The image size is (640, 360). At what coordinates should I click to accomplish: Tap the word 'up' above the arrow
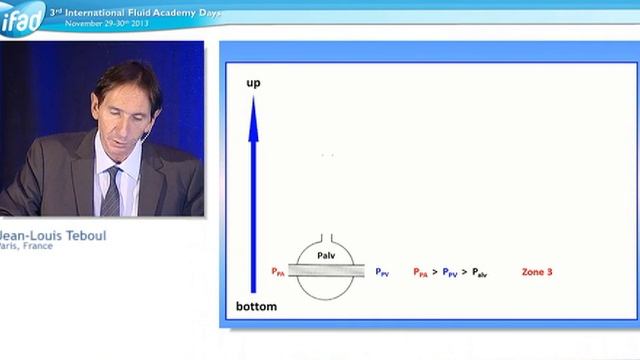pos(253,82)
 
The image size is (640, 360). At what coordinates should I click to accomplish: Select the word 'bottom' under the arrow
pos(256,306)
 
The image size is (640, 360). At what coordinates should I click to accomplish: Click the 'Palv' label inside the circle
pos(327,256)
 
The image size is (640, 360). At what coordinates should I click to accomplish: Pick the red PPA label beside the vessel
pos(278,271)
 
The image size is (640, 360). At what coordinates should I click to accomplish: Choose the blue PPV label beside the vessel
pos(382,271)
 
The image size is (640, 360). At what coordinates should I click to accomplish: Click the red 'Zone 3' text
pos(537,271)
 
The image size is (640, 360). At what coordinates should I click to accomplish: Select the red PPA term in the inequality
pos(420,271)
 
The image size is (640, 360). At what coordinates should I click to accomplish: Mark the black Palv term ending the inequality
pos(479,271)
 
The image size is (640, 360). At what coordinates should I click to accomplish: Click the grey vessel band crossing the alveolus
pos(327,270)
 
